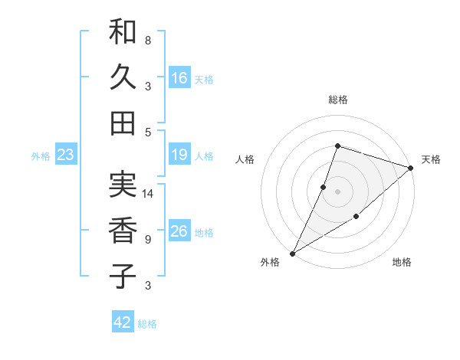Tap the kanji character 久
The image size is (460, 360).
coord(123,77)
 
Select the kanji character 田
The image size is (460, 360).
coord(123,123)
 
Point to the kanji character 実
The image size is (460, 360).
coord(123,185)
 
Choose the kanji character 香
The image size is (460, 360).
coord(123,230)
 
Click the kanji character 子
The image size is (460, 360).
coord(123,276)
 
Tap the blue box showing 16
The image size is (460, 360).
coord(179,78)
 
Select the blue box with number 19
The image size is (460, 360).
coord(179,155)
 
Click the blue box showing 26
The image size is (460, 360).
coord(179,231)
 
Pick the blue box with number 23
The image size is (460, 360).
coord(65,155)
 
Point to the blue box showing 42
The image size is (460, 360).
coord(123,322)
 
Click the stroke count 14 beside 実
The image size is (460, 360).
coord(149,194)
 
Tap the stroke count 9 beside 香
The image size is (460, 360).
coord(147,240)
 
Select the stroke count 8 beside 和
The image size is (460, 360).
coord(147,40)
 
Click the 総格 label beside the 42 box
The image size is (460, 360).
coord(147,324)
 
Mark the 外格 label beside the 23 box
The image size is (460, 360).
coord(41,156)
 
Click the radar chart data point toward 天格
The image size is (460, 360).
coord(411,168)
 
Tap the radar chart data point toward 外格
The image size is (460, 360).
coord(292,253)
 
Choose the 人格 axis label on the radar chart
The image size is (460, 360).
coord(245,159)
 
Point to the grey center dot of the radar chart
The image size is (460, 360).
coord(337,191)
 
